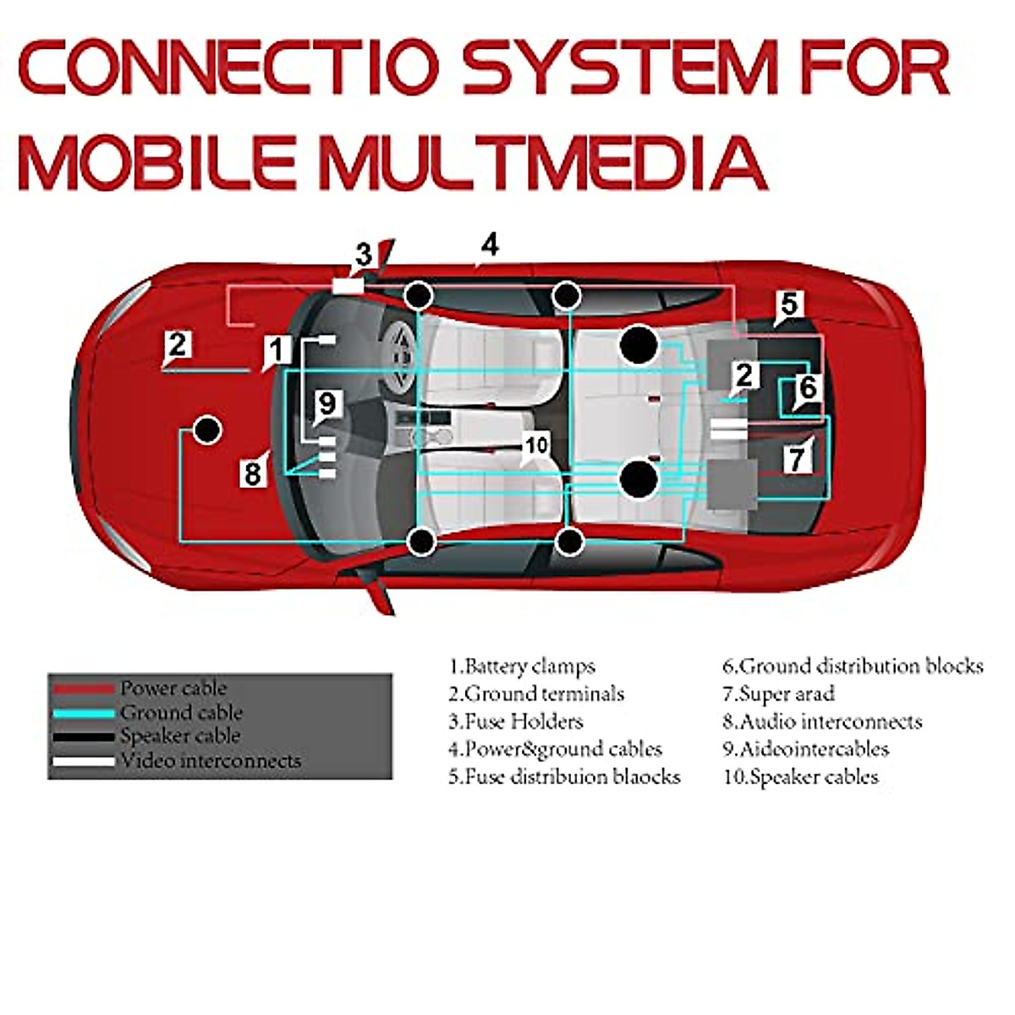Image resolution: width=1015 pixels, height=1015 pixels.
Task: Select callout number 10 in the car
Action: [536, 444]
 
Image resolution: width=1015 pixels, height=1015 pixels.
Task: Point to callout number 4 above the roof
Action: [490, 244]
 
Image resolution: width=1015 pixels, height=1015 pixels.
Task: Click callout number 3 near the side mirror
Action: [364, 255]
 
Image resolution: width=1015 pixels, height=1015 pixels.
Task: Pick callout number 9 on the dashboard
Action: [327, 403]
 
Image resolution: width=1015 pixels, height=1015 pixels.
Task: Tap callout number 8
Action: [252, 474]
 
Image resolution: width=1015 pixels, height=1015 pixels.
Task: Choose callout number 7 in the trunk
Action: [797, 458]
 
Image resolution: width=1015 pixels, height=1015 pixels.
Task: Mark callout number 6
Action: [808, 388]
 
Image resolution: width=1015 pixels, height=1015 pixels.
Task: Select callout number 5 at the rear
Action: [788, 304]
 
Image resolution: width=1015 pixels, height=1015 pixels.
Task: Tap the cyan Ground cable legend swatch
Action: [83, 713]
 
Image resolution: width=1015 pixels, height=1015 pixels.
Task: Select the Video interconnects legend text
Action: [211, 760]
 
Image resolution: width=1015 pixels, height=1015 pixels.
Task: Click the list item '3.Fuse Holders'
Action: [516, 721]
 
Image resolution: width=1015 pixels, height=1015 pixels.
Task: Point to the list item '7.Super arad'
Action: [778, 694]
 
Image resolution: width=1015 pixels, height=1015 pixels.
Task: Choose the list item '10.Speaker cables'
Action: [800, 776]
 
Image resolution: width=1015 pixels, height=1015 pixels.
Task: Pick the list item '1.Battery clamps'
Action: [522, 667]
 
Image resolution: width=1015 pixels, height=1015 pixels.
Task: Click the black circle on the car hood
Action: [206, 430]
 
